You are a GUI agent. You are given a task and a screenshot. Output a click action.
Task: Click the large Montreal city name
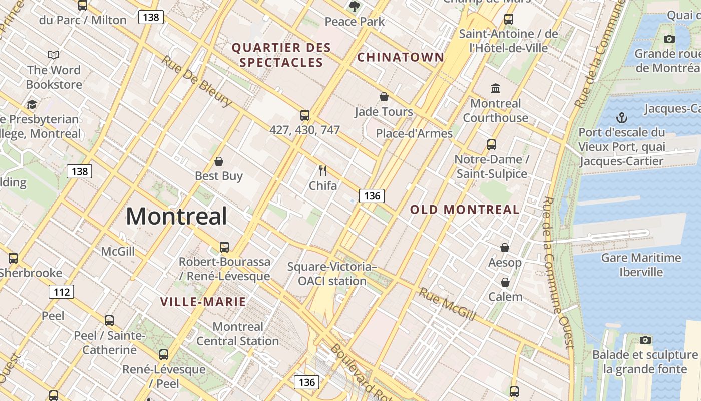pos(176,216)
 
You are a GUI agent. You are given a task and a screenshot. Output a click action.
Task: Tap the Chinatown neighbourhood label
pos(401,57)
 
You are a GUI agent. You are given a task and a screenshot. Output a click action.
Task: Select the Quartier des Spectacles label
pos(281,55)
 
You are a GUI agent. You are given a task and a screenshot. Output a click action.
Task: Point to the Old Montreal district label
pos(465,210)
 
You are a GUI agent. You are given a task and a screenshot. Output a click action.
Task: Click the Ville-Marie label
pos(203,302)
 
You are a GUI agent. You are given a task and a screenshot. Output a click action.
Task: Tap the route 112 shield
pos(61,292)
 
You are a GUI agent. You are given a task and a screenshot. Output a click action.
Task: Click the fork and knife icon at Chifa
pos(323,171)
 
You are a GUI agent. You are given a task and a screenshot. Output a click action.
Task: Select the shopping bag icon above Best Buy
pos(219,161)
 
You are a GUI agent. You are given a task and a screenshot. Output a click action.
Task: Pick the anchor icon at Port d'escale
pos(621,118)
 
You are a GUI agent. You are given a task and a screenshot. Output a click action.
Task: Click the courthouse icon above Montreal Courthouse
pos(496,89)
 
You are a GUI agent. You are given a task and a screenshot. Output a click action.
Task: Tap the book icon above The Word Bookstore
pos(54,55)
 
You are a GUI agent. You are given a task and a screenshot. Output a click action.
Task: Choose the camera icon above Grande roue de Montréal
pos(669,39)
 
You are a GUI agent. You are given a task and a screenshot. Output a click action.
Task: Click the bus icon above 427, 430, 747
pos(305,115)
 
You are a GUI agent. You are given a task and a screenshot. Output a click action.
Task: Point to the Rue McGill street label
pos(447,303)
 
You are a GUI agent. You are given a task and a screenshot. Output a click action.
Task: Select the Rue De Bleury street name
pos(197,80)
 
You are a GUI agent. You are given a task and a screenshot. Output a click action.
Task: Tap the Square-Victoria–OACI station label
pos(332,274)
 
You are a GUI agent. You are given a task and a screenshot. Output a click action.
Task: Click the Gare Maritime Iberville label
pos(641,265)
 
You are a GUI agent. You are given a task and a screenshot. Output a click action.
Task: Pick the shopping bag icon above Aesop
pos(505,248)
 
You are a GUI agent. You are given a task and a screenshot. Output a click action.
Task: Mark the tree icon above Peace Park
pos(355,7)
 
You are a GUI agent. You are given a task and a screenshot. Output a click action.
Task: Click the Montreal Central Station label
pos(237,334)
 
